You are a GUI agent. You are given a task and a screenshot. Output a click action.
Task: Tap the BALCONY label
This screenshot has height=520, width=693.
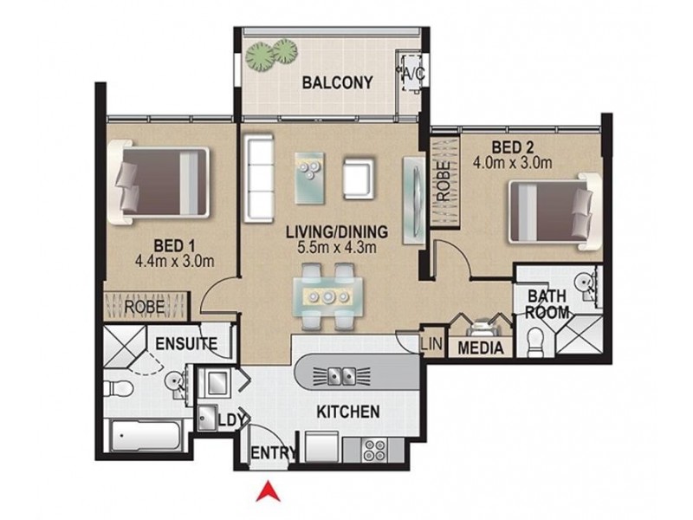click(x=337, y=83)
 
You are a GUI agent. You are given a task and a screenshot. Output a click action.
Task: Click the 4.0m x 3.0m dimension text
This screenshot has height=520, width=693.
click(x=513, y=161)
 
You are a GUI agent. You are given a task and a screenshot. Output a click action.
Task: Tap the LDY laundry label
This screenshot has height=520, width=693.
click(x=228, y=419)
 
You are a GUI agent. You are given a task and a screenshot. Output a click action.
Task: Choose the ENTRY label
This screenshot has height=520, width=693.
click(x=269, y=454)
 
